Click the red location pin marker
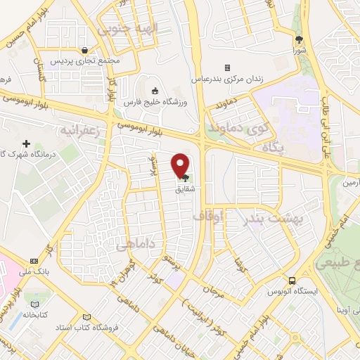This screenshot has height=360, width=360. click(x=181, y=165)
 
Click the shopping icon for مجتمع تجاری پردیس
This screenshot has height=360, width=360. click(x=84, y=50)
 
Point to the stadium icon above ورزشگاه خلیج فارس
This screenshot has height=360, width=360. click(x=156, y=91)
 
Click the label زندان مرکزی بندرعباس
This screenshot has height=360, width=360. click(x=235, y=79)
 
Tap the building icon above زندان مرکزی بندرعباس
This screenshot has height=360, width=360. click(x=227, y=67)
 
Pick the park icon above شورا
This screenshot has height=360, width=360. click(x=298, y=39)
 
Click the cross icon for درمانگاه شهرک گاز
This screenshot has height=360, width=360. click(x=27, y=143)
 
